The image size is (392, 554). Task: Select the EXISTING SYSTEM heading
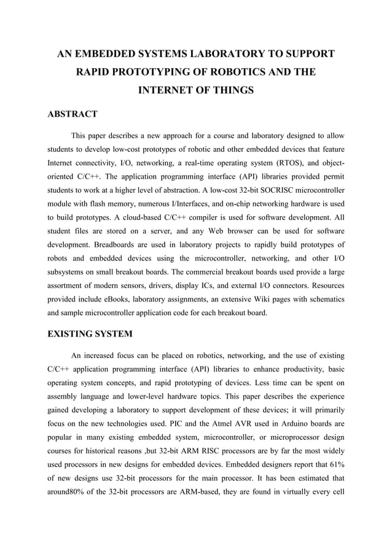pyautogui.click(x=91, y=334)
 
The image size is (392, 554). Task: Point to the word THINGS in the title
pyautogui.click(x=229, y=90)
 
